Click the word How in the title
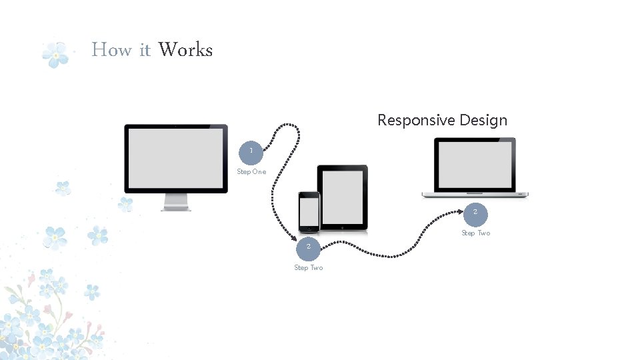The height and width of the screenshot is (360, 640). pos(111,50)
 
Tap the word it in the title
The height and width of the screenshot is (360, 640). pos(145,50)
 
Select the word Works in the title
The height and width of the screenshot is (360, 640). pos(185,50)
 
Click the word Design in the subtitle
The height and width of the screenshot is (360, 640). pos(483,121)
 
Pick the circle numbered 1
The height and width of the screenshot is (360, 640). pos(251,151)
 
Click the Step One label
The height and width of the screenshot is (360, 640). pos(251,172)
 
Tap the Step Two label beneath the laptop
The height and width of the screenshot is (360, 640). pos(475,233)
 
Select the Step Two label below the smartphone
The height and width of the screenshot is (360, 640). pos(308,268)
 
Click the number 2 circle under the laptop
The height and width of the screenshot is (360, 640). pos(475,213)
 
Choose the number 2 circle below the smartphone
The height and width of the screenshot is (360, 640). pos(308,247)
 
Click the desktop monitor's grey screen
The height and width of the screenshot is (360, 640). pos(175,157)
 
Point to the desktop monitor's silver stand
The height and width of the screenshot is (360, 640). pos(176,202)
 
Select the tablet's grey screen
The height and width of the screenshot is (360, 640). pos(342,197)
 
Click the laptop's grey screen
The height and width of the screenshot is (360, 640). pos(475,165)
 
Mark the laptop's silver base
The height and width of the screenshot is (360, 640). pos(475,195)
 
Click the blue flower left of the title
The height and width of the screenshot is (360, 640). pos(55,55)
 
